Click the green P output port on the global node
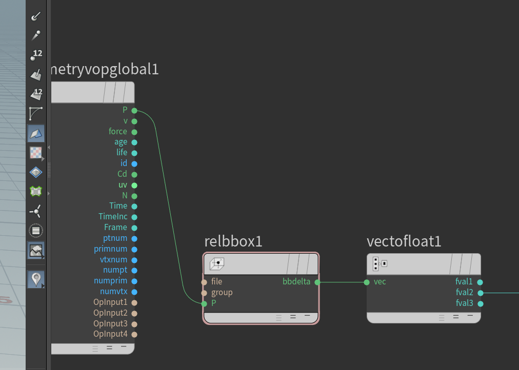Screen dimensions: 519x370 134,111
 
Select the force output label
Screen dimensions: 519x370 118,132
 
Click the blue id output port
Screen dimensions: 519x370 134,163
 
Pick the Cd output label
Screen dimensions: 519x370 122,174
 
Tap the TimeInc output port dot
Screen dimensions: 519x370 134,217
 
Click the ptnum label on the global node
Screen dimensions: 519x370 115,238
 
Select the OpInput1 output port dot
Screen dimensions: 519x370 134,302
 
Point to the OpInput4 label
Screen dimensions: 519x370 110,334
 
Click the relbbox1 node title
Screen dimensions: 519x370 233,241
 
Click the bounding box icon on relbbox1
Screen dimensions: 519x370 217,263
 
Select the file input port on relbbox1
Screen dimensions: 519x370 204,282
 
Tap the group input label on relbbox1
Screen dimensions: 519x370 222,293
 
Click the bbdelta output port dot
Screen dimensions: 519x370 317,282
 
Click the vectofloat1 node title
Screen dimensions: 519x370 404,241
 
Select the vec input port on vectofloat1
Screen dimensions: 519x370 367,282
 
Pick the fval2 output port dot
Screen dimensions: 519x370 480,293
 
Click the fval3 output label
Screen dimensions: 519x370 465,303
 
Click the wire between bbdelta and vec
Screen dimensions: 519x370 342,282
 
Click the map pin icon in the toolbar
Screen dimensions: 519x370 36,279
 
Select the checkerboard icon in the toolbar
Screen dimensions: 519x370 36,153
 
